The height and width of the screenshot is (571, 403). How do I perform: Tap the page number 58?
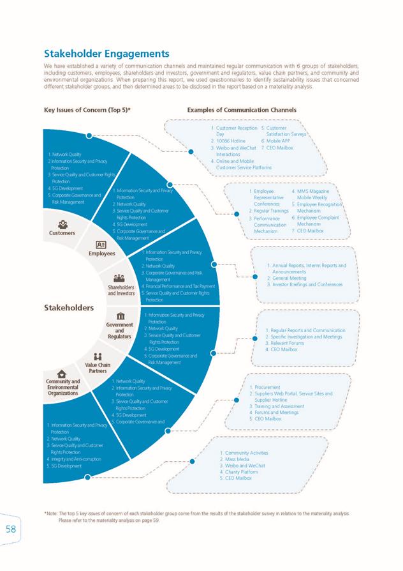11,529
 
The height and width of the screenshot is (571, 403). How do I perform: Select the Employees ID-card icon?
101,244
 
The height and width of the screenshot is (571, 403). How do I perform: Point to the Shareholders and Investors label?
121,290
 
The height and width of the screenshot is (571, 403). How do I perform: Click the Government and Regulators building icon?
121,316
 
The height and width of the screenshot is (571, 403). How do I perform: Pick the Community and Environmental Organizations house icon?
62,374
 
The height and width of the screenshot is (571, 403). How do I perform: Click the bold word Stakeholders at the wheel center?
69,307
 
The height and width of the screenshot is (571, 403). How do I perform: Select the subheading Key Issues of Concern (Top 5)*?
87,110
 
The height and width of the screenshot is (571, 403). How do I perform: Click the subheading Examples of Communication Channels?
242,110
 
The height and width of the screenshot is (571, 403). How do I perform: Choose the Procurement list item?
267,387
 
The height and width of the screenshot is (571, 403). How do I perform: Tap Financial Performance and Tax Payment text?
180,286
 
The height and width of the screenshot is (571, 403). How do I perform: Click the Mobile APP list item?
278,141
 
